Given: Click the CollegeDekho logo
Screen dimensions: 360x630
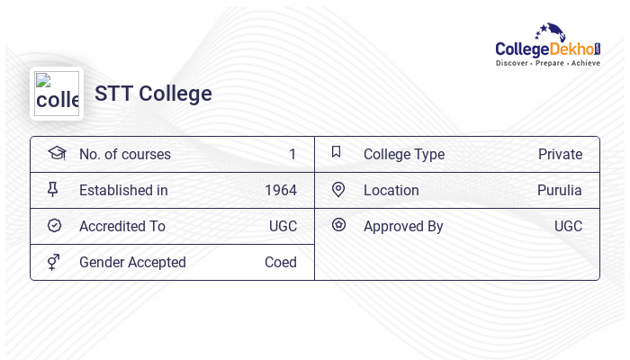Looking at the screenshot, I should [x=547, y=45].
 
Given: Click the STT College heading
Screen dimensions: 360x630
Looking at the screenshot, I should [x=153, y=94].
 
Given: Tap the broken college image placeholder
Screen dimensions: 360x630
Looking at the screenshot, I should [x=57, y=94].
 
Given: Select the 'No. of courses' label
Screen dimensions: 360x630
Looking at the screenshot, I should [x=125, y=155].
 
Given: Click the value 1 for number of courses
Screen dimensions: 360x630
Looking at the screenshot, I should [x=292, y=155].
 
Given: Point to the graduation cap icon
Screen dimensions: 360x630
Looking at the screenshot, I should [x=56, y=153].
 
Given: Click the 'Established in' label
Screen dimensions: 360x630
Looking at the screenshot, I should [x=123, y=191].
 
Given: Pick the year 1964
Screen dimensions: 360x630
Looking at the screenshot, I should [x=281, y=191].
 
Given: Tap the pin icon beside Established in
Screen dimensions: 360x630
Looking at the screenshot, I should [x=53, y=190].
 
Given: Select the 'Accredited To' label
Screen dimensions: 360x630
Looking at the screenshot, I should [x=122, y=227].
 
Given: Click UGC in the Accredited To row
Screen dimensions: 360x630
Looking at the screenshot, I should [x=283, y=227].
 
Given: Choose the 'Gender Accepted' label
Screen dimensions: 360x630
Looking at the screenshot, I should [x=132, y=263].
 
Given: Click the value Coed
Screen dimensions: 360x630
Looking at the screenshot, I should [x=281, y=263].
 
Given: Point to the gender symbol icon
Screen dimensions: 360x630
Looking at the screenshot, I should [x=54, y=262].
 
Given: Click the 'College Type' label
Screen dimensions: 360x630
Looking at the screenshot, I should [x=404, y=155].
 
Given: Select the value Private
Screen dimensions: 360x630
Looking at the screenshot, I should [x=560, y=155].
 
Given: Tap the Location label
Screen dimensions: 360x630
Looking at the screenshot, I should [x=391, y=191].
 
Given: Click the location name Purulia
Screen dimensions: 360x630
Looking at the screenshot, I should [x=560, y=191].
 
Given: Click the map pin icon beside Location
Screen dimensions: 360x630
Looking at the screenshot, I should [x=338, y=190].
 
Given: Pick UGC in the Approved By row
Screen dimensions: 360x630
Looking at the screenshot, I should [x=568, y=227].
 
